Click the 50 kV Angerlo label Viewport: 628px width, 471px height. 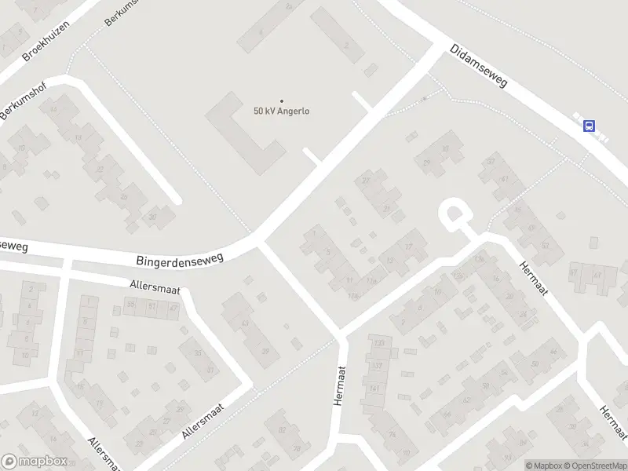[x=281, y=111]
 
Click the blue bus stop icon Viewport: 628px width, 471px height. [x=589, y=125]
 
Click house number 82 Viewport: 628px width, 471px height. [x=280, y=430]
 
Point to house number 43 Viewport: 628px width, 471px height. [x=246, y=323]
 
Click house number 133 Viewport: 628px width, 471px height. [x=378, y=344]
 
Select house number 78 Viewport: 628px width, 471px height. [x=297, y=449]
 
